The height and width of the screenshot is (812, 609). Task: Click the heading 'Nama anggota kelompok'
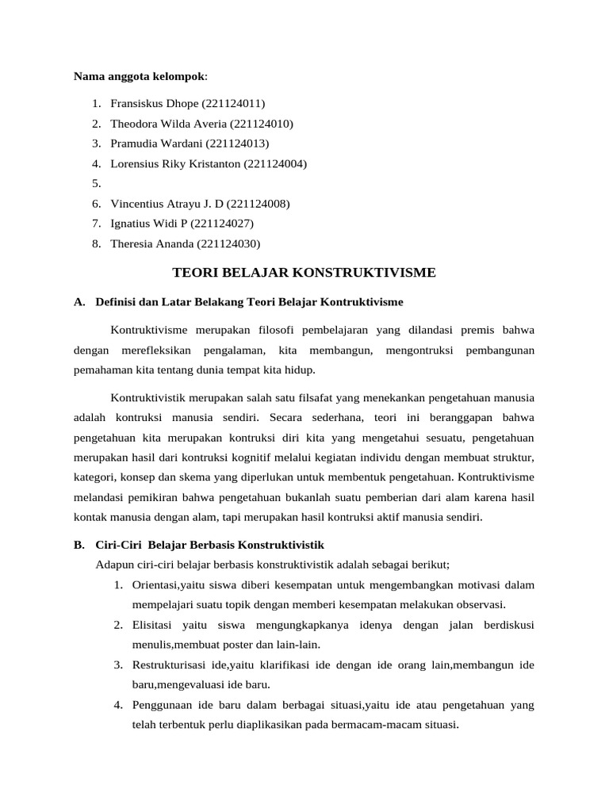coord(139,77)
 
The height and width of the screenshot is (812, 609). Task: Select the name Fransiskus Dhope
coord(155,104)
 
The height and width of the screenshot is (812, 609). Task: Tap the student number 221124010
coord(262,124)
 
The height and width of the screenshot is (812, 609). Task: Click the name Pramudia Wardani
coord(156,144)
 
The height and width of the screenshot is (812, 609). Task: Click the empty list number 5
coord(95,184)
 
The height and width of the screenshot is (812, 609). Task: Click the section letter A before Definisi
coord(79,302)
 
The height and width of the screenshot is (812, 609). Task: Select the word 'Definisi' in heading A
coord(117,302)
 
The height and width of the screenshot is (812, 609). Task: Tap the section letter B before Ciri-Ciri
coord(79,546)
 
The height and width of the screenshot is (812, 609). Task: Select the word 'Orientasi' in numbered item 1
coord(155,585)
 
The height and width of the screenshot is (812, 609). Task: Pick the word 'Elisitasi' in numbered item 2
coord(153,625)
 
